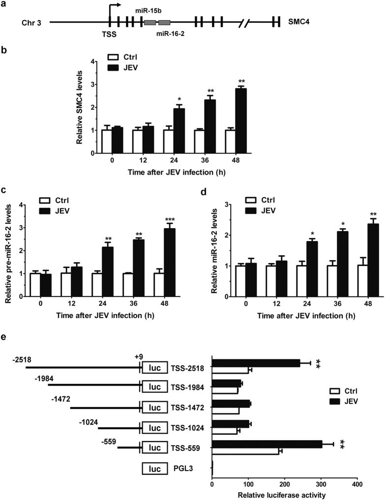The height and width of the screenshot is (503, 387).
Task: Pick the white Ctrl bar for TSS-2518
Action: point(230,370)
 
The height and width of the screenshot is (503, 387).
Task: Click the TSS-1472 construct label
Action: point(184,408)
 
